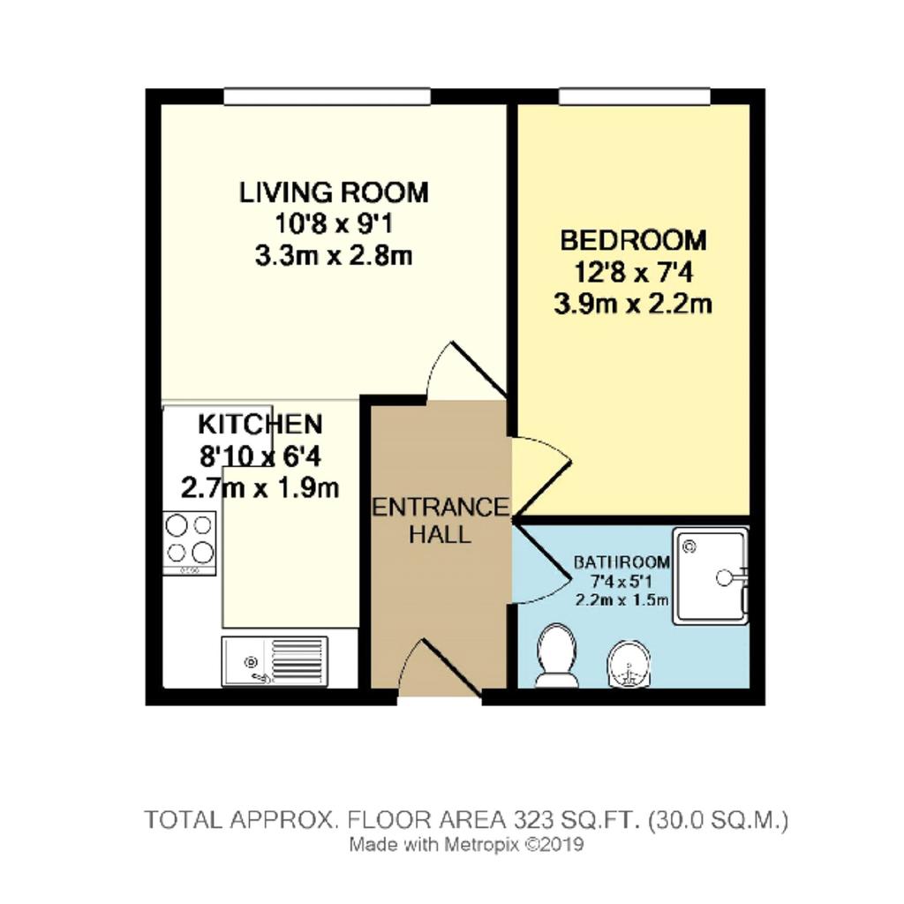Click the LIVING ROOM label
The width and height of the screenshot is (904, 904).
pos(334,192)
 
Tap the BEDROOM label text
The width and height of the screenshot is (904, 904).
pos(633,240)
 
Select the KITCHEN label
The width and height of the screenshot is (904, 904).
pos(260,425)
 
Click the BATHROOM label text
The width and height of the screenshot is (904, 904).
pos(621,562)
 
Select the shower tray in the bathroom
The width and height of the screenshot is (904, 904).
pos(712,577)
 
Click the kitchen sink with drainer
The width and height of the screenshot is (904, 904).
pos(275,662)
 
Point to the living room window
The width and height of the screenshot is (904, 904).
pos(328,96)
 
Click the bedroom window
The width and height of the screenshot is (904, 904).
pos(634,96)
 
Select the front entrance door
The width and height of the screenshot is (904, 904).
pos(440,669)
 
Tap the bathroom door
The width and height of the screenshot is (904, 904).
pos(539,562)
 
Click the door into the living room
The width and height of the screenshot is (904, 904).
pos(466,369)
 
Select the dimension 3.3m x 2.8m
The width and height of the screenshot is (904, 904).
pos(334,256)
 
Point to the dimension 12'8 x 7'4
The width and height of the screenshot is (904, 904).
pos(633,272)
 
